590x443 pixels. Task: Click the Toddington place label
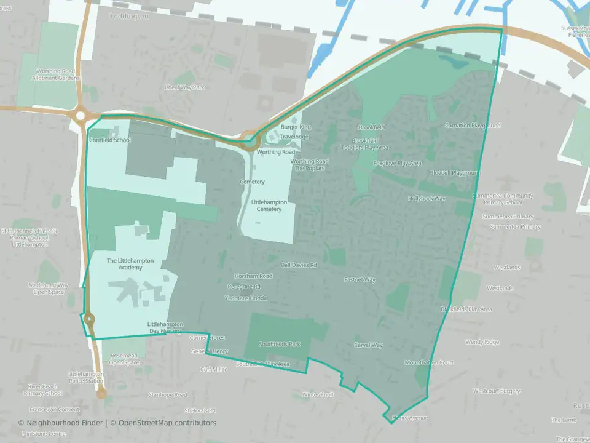pyautogui.click(x=128, y=17)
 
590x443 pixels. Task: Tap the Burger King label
pyautogui.click(x=296, y=127)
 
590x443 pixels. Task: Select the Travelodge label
pyautogui.click(x=294, y=137)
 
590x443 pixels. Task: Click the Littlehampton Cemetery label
pyautogui.click(x=267, y=206)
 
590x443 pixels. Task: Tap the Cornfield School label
pyautogui.click(x=110, y=140)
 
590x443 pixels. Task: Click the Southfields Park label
pyautogui.click(x=280, y=344)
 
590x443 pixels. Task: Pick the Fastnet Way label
pyautogui.click(x=360, y=280)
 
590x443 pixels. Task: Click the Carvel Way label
pyautogui.click(x=368, y=345)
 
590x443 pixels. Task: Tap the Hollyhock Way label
pyautogui.click(x=427, y=199)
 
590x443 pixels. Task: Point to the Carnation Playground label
pyautogui.click(x=473, y=126)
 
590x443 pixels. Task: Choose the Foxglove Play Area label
pyautogui.click(x=398, y=164)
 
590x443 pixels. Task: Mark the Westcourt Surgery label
pyautogui.click(x=497, y=391)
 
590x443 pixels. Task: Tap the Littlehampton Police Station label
pyautogui.click(x=86, y=378)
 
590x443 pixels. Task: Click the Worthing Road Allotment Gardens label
pyautogui.click(x=58, y=75)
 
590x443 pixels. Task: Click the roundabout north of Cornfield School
pyautogui.click(x=80, y=114)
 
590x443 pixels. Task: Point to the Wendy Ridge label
pyautogui.click(x=482, y=342)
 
